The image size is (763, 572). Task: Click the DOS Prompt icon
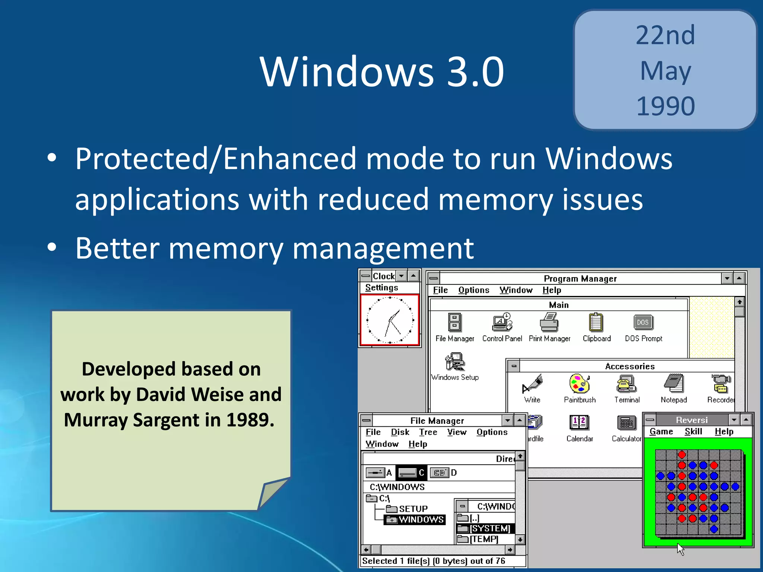[x=643, y=322]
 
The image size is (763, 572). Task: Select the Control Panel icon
[x=502, y=322]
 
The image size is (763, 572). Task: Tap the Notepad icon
[x=674, y=384]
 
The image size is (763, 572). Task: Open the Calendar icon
[x=579, y=423]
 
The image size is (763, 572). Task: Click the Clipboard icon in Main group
[x=596, y=322]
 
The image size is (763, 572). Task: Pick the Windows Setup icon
[x=455, y=362]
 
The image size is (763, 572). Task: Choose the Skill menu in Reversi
[x=693, y=432]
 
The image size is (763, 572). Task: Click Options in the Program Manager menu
[x=474, y=290]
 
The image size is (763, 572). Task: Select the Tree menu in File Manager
[x=428, y=432]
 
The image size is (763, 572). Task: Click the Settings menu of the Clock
[x=381, y=287]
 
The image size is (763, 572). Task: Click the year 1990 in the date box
[x=665, y=107]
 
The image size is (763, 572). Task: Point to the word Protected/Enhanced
[x=216, y=159]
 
